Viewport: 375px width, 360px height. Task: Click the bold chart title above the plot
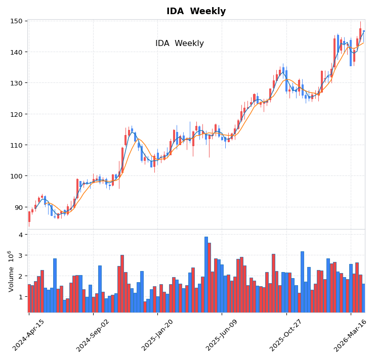click(x=196, y=11)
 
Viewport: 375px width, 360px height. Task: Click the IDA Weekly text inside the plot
click(x=179, y=43)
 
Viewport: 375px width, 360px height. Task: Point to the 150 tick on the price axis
click(x=17, y=21)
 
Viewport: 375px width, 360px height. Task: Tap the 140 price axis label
click(x=17, y=52)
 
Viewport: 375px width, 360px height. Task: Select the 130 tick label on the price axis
click(x=17, y=83)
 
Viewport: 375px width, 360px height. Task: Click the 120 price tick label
click(x=17, y=114)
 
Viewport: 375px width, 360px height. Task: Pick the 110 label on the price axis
click(x=17, y=145)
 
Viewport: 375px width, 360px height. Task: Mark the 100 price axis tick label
click(x=17, y=176)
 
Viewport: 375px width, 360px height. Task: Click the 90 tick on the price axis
click(x=19, y=207)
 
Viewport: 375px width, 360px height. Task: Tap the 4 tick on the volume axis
click(x=21, y=235)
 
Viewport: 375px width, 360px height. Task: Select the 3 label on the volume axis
click(x=21, y=255)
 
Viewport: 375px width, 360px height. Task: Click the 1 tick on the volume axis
click(x=21, y=297)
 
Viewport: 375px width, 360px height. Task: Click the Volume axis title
click(x=11, y=271)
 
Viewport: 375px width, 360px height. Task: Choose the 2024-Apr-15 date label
click(x=28, y=335)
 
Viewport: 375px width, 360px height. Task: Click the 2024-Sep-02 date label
click(x=93, y=335)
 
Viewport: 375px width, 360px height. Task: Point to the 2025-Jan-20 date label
click(x=157, y=335)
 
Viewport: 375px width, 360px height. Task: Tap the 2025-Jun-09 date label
click(x=222, y=335)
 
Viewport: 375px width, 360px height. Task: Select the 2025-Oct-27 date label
click(x=286, y=335)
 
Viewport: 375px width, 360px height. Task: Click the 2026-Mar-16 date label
click(x=350, y=335)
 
